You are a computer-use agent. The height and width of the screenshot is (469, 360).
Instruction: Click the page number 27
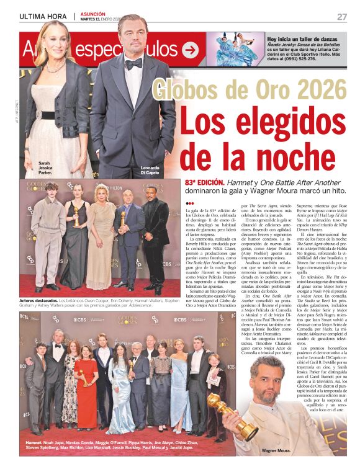pyautogui.click(x=341, y=16)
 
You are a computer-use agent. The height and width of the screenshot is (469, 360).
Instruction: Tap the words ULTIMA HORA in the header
pyautogui.click(x=43, y=16)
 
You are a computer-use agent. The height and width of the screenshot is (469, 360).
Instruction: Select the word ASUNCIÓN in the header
pyautogui.click(x=92, y=13)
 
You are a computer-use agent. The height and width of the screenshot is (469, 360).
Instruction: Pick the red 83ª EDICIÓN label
pyautogui.click(x=205, y=184)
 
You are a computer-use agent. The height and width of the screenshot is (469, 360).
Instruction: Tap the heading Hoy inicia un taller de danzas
pyautogui.click(x=302, y=38)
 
